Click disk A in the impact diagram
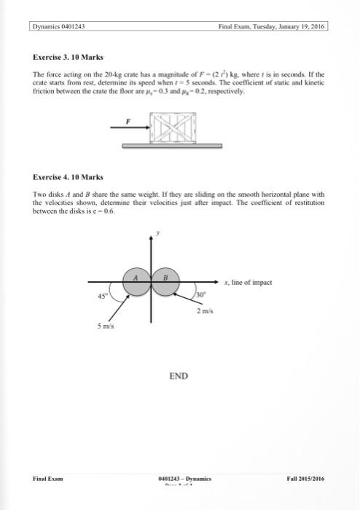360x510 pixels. coord(136,283)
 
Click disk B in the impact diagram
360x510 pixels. coord(167,283)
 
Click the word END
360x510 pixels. coord(179,376)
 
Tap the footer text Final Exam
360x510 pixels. coord(48,478)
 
